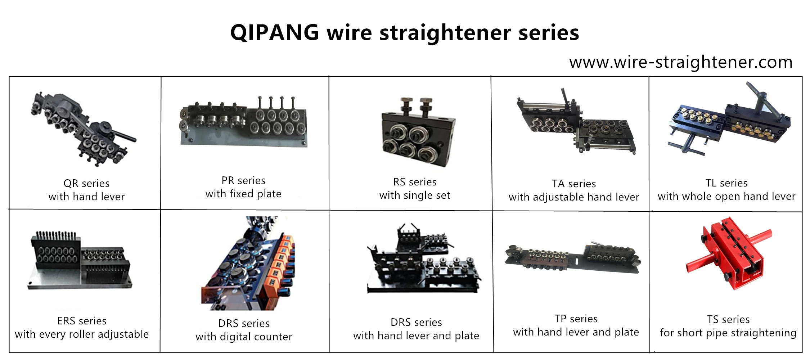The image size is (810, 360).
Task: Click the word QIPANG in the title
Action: coord(274,33)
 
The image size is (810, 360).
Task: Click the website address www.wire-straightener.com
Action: coord(681,62)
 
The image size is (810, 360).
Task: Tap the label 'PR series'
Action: coord(243,180)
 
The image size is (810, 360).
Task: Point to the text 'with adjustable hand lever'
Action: coord(574,197)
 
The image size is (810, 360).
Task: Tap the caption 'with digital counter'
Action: coord(244,337)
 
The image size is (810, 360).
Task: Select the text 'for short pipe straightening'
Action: coord(728,333)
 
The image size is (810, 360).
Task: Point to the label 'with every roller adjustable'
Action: coord(82,334)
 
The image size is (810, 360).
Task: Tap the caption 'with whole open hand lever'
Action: coord(726,197)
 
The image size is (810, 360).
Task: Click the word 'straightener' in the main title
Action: coord(445,33)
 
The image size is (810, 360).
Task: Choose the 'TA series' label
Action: coord(574,184)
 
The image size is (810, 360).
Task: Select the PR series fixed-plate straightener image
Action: coord(243,122)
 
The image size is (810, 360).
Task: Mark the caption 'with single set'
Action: coord(415,195)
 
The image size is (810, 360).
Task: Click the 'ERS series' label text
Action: coord(82,321)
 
